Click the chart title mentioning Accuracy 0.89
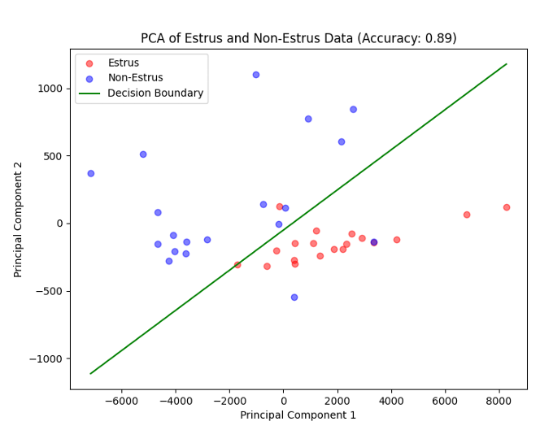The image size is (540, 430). click(x=298, y=38)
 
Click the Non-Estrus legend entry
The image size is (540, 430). click(x=135, y=78)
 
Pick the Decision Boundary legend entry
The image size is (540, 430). click(x=155, y=93)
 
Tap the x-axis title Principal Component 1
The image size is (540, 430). click(x=298, y=415)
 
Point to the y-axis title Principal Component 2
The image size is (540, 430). click(x=19, y=219)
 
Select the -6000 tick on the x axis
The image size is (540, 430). click(x=122, y=400)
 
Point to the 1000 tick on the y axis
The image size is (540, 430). click(x=50, y=89)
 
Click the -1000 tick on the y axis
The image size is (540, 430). click(x=47, y=358)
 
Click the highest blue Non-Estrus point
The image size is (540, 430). click(x=256, y=75)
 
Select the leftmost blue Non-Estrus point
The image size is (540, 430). click(x=91, y=173)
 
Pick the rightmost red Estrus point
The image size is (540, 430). click(x=507, y=207)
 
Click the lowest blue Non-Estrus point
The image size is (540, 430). click(x=294, y=298)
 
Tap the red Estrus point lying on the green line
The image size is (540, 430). click(x=237, y=265)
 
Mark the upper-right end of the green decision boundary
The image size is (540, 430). click(x=507, y=64)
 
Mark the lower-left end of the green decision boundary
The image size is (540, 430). click(x=91, y=373)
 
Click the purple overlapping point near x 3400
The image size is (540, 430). click(x=374, y=242)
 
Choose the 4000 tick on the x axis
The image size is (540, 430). click(x=391, y=400)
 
